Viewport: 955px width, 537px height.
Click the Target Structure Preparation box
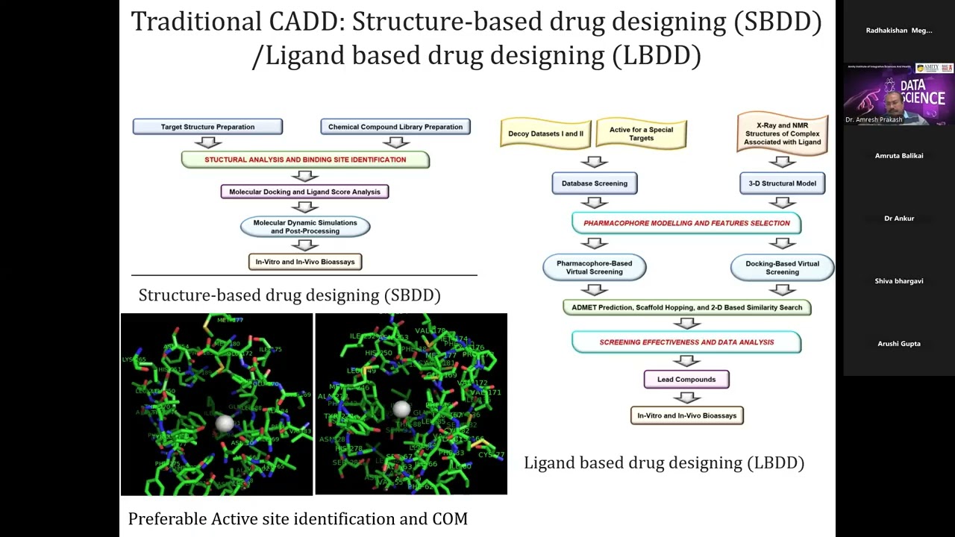pos(207,127)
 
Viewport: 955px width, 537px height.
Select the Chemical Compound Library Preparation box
pos(395,127)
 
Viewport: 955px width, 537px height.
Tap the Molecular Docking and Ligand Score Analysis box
pos(304,192)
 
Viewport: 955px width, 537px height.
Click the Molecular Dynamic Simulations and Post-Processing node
pos(304,227)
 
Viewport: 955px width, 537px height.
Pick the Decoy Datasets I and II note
pos(545,134)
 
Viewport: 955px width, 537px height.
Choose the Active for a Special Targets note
pos(641,134)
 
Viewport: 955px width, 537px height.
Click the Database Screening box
pos(595,183)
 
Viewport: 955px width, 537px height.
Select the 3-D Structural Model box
pos(782,183)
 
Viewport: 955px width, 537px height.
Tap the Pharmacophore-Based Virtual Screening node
pos(595,268)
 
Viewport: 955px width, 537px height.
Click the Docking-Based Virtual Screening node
pos(782,268)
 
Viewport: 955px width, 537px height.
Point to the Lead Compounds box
pos(686,380)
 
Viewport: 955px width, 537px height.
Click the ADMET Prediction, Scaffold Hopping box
pos(686,307)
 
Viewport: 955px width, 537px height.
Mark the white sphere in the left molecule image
pos(224,424)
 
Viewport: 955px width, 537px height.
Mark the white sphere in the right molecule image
pos(401,408)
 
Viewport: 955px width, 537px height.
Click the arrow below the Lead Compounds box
pos(686,398)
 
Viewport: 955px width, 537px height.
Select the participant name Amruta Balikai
pos(899,156)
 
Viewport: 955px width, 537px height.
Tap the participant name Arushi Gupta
pos(899,344)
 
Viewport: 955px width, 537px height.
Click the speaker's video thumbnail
pos(899,94)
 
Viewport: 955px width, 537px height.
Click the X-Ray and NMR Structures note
pos(782,134)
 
